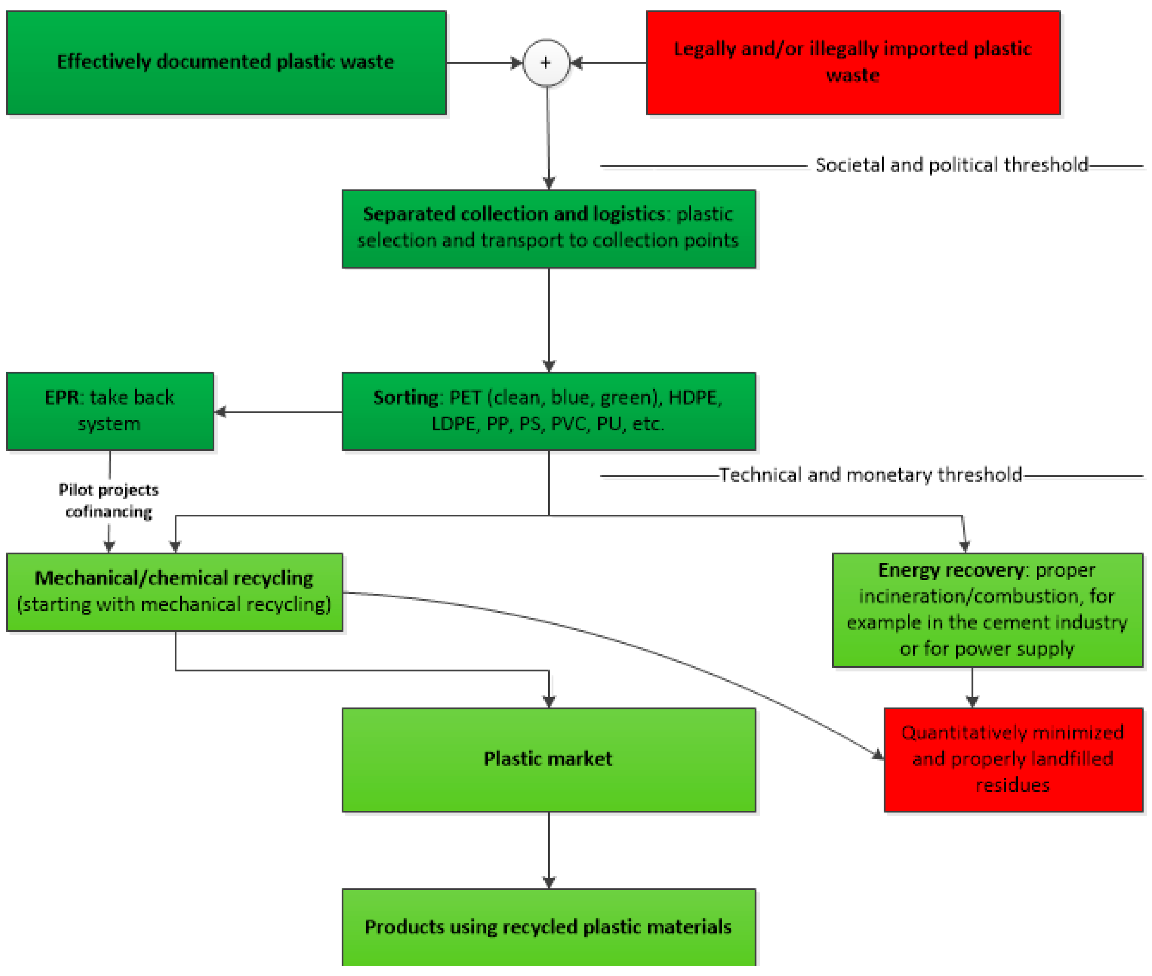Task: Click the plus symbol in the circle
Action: point(546,63)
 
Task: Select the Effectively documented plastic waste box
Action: point(226,63)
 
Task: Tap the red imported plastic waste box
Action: point(853,63)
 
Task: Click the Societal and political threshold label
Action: point(951,165)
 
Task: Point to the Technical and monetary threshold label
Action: point(870,475)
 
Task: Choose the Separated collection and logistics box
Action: point(549,229)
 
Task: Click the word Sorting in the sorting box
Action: point(406,397)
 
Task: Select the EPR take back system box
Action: point(110,411)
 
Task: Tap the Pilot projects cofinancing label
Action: point(109,500)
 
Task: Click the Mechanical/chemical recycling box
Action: point(175,591)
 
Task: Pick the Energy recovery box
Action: point(987,610)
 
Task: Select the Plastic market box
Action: point(549,759)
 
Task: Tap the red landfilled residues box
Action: point(1012,759)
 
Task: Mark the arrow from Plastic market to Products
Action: point(549,849)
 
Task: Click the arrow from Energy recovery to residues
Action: point(972,687)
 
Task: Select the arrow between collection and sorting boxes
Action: point(549,320)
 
